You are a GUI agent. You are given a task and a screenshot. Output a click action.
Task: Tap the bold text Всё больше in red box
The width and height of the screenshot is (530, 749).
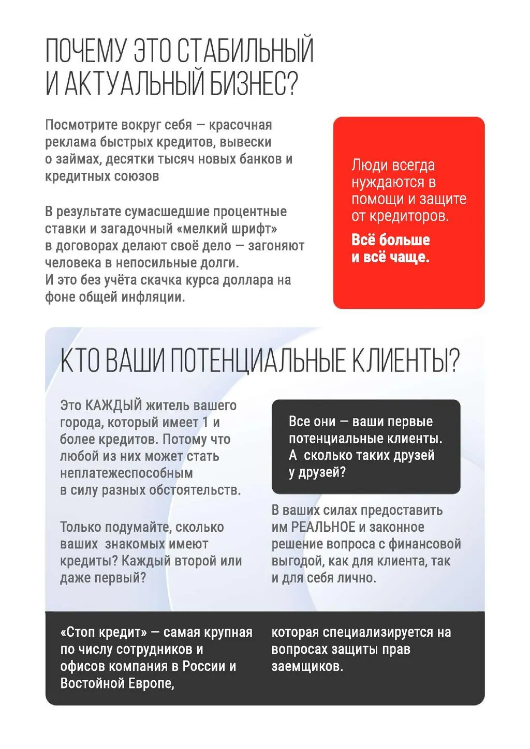pos(390,240)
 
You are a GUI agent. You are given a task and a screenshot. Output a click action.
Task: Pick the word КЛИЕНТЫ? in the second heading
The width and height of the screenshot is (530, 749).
pos(406,361)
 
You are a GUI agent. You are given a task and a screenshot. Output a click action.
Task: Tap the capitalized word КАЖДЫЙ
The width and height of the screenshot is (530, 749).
pos(113,405)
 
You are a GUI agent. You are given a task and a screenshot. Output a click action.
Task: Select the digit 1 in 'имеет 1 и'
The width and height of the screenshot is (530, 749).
pos(205,422)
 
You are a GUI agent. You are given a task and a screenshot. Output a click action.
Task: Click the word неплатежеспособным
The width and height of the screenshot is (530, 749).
pos(126,473)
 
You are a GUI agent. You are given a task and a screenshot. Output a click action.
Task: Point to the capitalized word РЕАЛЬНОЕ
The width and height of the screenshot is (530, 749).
pos(323,527)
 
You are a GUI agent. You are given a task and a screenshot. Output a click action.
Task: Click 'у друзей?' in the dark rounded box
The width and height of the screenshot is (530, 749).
pos(317,472)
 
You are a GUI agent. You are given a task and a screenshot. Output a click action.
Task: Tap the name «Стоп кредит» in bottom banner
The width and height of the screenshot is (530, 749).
pos(104,632)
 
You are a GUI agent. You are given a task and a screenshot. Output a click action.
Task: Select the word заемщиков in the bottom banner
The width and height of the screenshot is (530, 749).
pos(307,666)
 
